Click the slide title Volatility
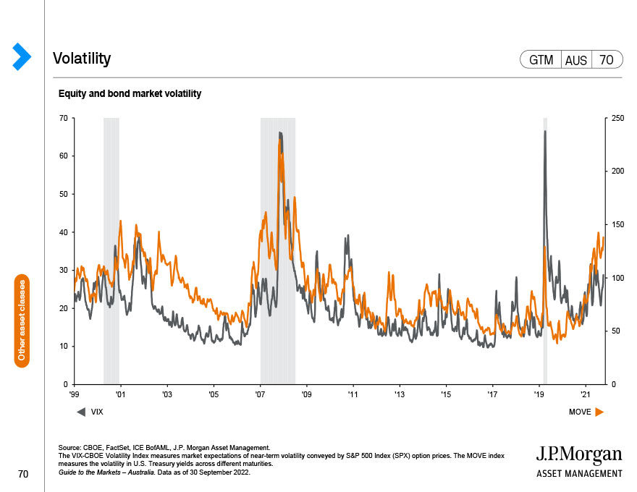tap(82, 59)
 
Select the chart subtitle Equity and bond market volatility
tap(130, 94)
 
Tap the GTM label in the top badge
tap(541, 60)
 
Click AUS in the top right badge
tap(576, 61)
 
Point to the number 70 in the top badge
tap(606, 60)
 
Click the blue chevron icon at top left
tap(22, 56)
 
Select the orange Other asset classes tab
tap(22, 321)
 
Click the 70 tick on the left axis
tap(64, 118)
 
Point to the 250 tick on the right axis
tap(618, 118)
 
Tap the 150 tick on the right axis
tap(618, 224)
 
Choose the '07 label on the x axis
tap(260, 394)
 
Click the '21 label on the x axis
tap(586, 394)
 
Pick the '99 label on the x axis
tap(75, 394)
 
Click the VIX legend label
tap(97, 412)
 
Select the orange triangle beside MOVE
tap(599, 412)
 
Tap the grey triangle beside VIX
tap(81, 412)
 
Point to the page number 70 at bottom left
tap(23, 474)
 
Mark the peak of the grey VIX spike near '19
tap(545, 131)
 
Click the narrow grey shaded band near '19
tap(545, 251)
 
